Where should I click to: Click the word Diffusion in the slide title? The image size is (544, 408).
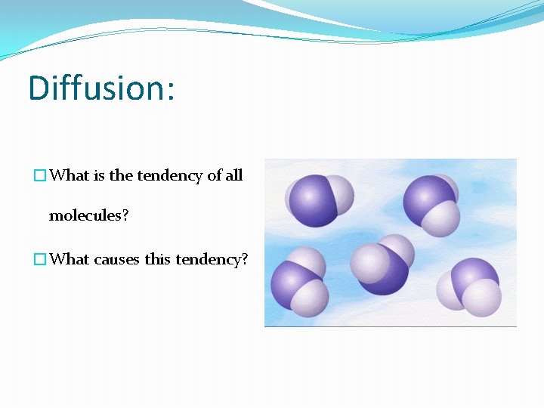[94, 88]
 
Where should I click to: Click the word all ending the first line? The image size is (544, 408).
[234, 176]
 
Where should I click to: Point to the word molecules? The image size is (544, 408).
[88, 216]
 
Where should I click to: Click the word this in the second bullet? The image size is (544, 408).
[158, 259]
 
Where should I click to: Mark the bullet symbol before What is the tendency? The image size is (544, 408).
[40, 176]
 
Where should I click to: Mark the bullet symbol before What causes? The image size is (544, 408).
[40, 259]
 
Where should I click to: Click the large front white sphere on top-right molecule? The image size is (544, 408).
[440, 218]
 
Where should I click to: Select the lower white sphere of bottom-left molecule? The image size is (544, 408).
[309, 297]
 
